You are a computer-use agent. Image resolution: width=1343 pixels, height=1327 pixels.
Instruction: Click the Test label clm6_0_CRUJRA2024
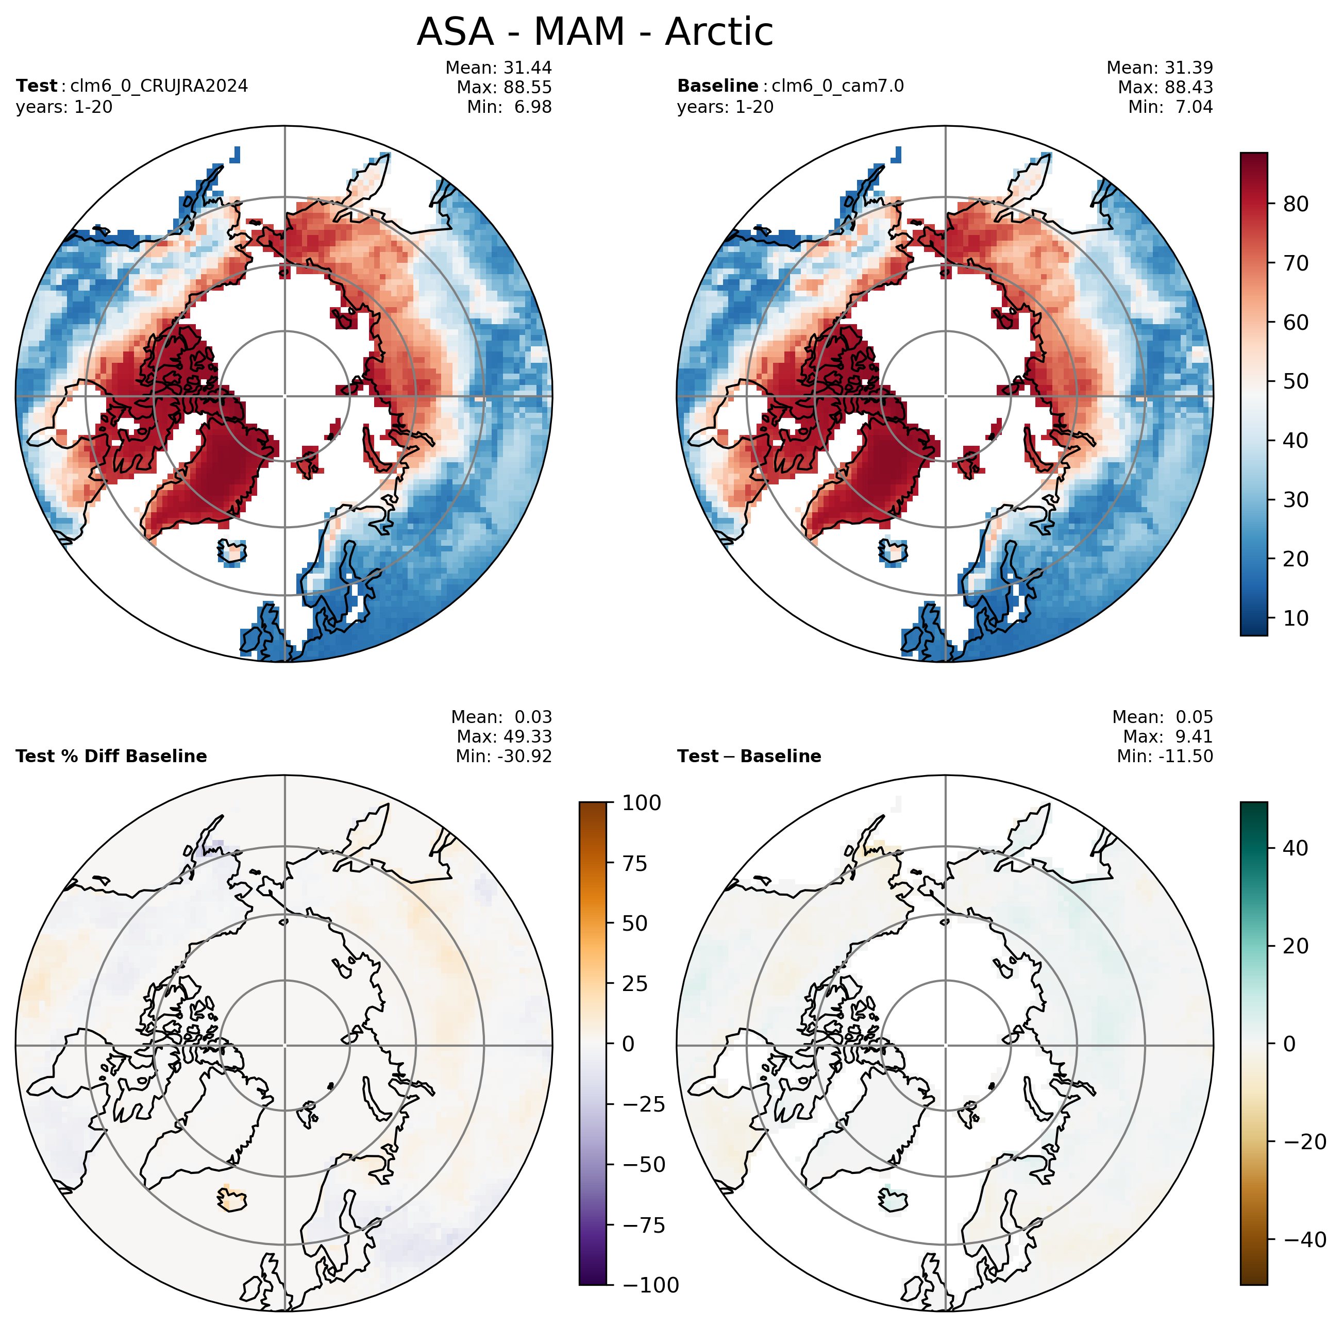(159, 86)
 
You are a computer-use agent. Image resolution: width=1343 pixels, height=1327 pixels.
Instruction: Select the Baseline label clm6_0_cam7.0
(837, 86)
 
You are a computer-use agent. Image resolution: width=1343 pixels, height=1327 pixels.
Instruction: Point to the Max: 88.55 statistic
(504, 88)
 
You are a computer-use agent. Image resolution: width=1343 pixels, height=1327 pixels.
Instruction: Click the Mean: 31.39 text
(1160, 68)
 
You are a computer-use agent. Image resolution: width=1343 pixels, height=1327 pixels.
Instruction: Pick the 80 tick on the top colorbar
(1295, 204)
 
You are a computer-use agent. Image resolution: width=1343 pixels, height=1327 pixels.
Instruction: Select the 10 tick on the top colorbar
(1295, 618)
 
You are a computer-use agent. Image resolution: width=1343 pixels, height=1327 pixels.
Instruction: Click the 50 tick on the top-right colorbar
(1295, 381)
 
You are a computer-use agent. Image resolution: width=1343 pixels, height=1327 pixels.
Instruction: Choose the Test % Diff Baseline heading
(111, 757)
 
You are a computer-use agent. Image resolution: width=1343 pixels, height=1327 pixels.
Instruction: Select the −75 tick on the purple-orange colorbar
(642, 1225)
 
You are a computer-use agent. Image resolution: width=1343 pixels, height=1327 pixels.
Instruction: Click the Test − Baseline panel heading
(749, 757)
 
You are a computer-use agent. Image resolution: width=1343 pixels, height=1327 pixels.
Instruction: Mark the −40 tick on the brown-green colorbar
(1304, 1239)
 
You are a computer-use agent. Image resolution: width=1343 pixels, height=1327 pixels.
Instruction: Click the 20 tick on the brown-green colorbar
(1295, 945)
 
